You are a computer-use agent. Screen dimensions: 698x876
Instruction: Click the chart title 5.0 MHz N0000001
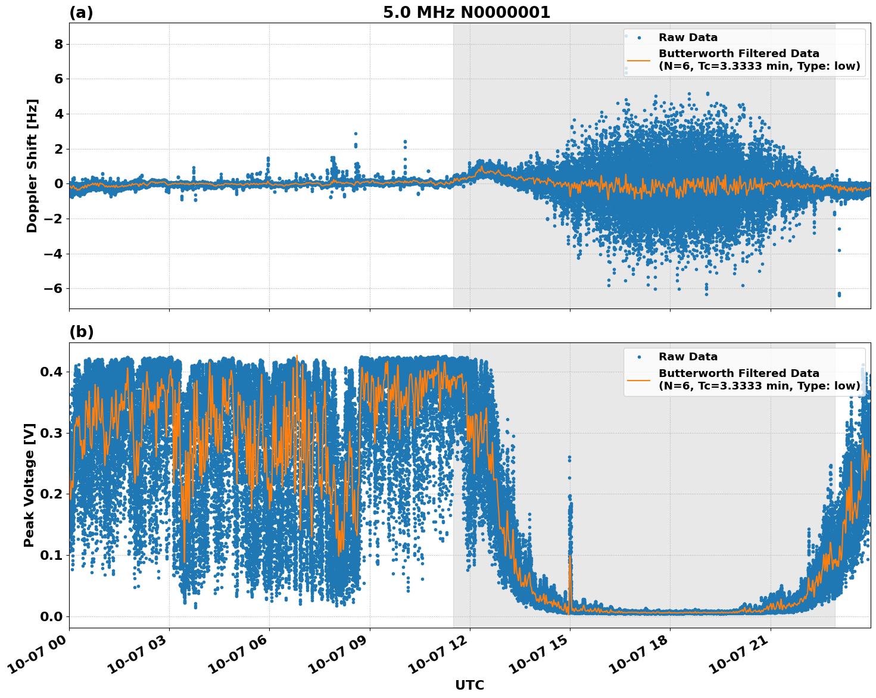click(x=466, y=13)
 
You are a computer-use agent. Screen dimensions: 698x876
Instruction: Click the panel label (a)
click(x=81, y=13)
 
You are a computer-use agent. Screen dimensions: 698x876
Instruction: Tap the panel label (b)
click(x=82, y=332)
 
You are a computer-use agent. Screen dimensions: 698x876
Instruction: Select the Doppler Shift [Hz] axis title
click(x=32, y=166)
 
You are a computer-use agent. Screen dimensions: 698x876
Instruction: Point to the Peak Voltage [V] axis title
click(x=29, y=485)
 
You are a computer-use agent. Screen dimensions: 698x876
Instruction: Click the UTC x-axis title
click(x=469, y=685)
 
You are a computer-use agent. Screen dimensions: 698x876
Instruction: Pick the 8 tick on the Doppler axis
click(x=58, y=44)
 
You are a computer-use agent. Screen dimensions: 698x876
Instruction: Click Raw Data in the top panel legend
click(x=688, y=38)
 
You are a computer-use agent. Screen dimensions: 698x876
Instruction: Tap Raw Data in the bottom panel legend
click(x=688, y=357)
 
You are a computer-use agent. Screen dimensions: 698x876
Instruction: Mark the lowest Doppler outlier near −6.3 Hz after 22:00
click(x=839, y=294)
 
